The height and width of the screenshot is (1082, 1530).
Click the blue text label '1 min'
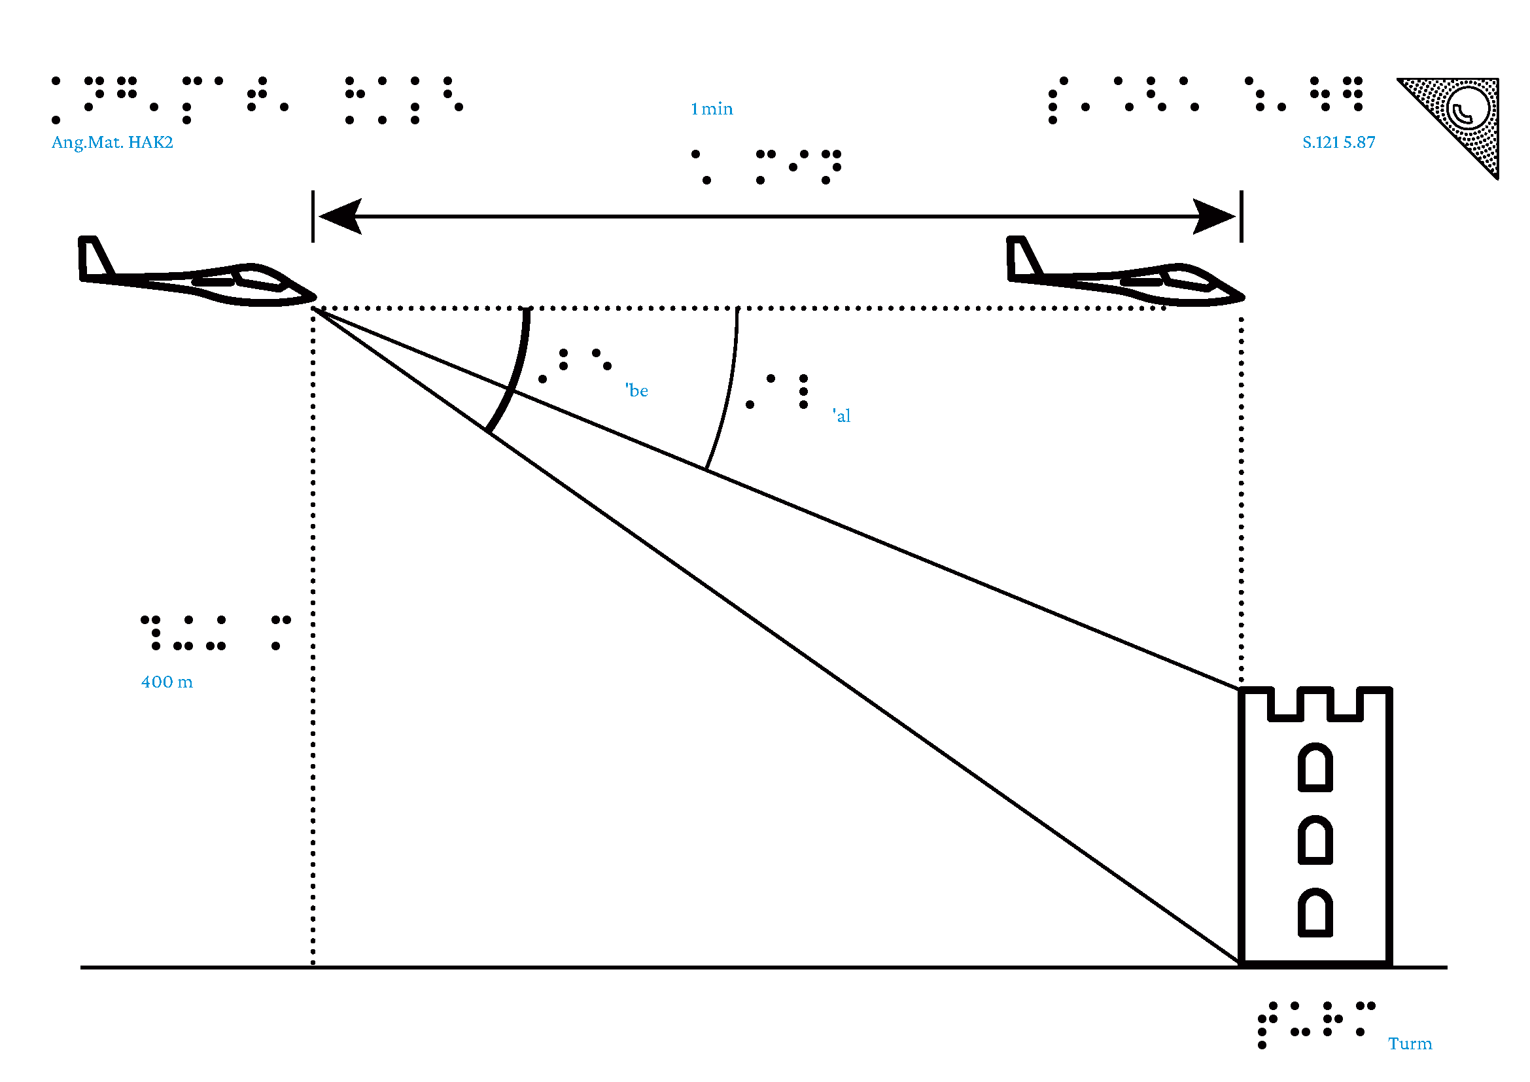pos(711,109)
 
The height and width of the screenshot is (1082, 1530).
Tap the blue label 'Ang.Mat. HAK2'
pos(112,142)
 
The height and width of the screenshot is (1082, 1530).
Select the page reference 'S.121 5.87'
pos(1338,142)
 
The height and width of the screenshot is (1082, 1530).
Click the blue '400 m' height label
pos(167,682)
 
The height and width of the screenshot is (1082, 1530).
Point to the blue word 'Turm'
pos(1410,1043)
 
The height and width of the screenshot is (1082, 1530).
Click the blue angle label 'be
pos(637,391)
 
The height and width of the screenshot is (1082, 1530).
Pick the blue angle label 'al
pos(842,416)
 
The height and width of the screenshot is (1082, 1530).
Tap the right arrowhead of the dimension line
pos(1214,217)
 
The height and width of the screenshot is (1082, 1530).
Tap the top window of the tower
pos(1315,767)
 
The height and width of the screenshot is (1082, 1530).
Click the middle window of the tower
pos(1315,840)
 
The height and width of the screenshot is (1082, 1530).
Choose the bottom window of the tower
pos(1315,913)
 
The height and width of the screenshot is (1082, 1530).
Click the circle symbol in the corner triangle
pos(1467,110)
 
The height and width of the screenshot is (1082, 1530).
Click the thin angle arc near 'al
pos(730,393)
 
